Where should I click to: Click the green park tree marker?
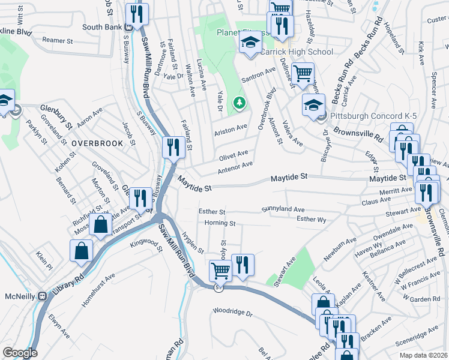click(x=240, y=103)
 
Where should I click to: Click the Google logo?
click(x=20, y=353)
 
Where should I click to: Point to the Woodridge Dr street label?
click(x=233, y=313)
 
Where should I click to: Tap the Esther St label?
click(x=212, y=212)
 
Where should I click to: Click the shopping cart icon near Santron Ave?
click(x=303, y=74)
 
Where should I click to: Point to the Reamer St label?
click(x=58, y=41)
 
